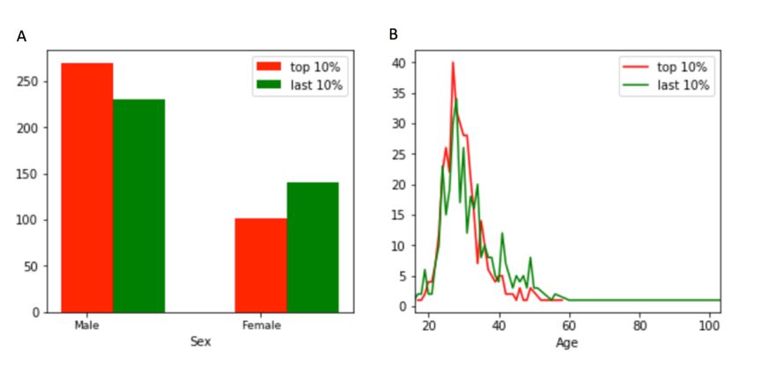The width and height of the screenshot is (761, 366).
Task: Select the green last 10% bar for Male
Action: coord(138,206)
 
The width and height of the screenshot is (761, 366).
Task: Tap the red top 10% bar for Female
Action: coord(261,265)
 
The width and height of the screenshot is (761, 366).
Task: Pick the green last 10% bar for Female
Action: coord(313,247)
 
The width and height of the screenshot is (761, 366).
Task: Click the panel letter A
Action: coord(21,36)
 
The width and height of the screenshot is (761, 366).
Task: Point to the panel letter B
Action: coord(394,34)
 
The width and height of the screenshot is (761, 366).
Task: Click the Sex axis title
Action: coord(201,341)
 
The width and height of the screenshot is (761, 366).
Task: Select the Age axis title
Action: coord(567,342)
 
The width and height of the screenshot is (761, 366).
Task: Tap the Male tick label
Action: coord(86,326)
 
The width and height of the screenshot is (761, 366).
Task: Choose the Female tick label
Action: coord(262,326)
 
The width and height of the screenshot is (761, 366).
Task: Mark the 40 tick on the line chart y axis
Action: coord(399,63)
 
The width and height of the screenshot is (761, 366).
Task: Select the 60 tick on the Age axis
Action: coord(569,325)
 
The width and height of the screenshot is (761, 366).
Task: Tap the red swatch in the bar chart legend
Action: coord(269,67)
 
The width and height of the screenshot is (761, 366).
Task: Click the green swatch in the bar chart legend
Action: coord(269,84)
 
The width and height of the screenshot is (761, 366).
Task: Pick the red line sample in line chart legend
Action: coord(636,67)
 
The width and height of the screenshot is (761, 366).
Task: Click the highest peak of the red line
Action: coord(453,62)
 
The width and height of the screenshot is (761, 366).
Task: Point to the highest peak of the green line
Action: coord(456,99)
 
